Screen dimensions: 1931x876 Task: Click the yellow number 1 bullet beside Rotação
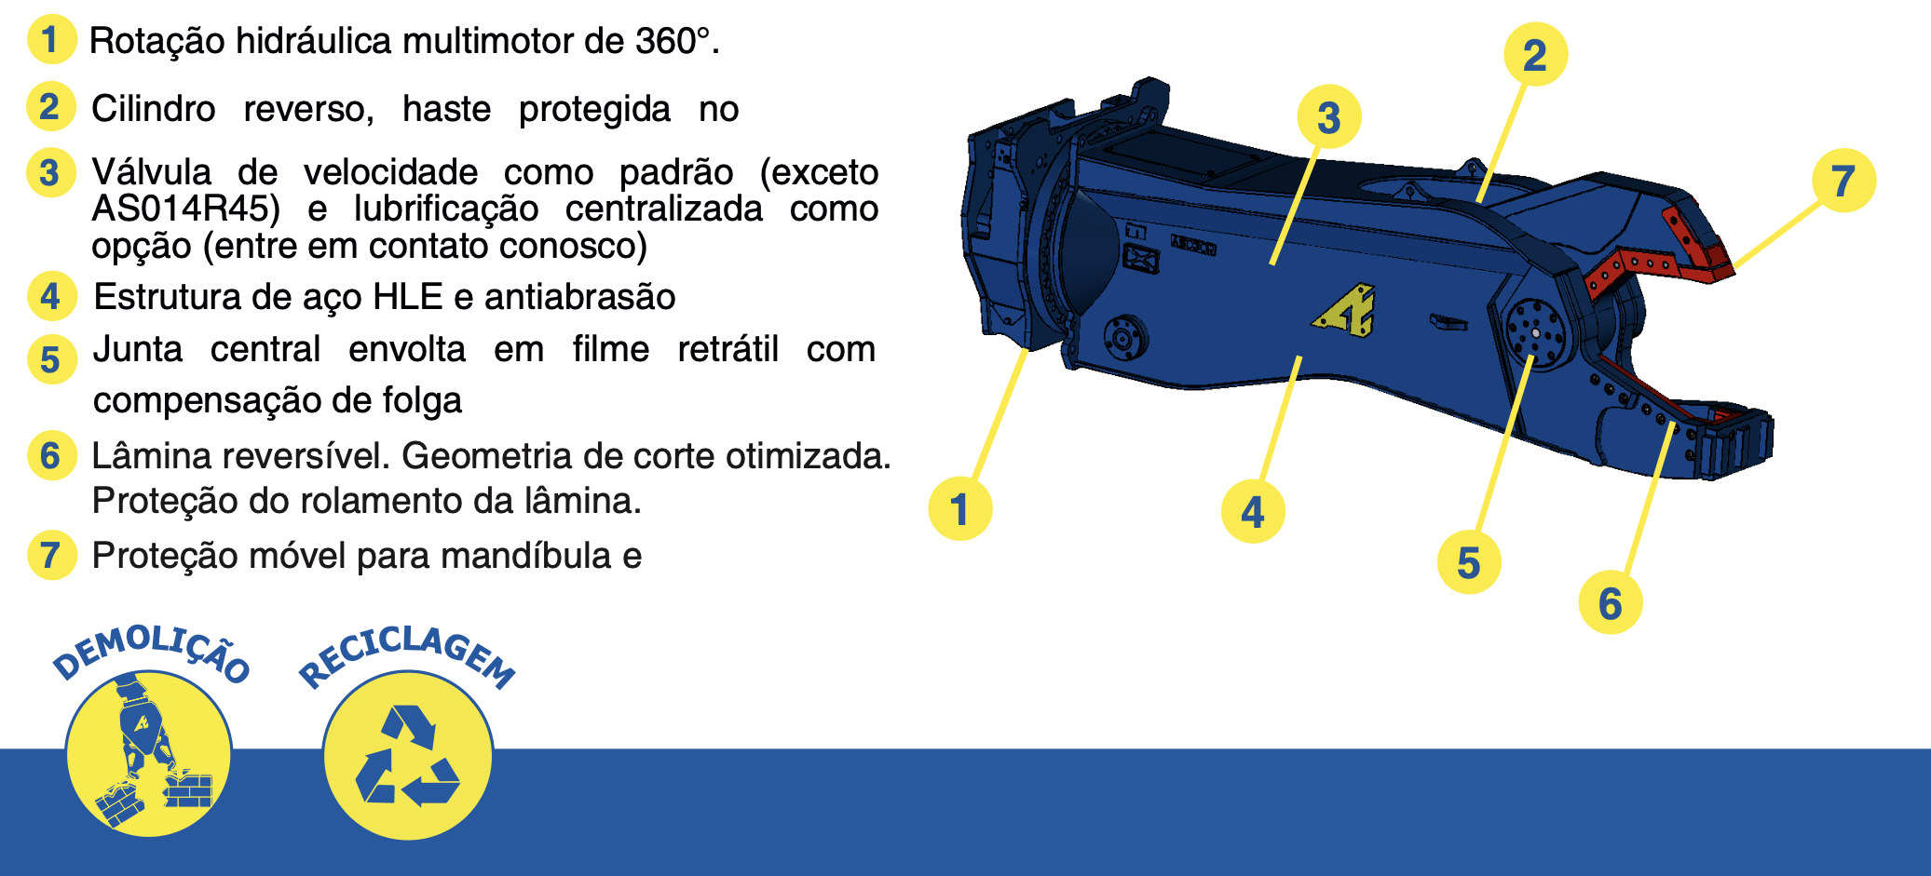[x=51, y=40]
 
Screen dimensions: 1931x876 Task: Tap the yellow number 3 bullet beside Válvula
[x=50, y=173]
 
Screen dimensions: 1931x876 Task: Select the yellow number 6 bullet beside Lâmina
[x=51, y=455]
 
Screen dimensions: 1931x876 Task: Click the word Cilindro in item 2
[x=154, y=109]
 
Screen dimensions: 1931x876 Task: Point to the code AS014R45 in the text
[x=185, y=209]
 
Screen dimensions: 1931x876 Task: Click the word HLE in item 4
[x=407, y=297]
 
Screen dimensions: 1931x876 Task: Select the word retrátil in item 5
[x=728, y=349]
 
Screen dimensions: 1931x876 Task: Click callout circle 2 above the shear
[x=1535, y=55]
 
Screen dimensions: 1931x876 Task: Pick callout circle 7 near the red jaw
[x=1843, y=181]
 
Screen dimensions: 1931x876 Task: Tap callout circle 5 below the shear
[x=1469, y=562]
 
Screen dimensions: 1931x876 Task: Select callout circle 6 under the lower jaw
[x=1611, y=603]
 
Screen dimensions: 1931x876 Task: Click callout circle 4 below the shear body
[x=1253, y=511]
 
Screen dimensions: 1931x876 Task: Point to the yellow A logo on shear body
[x=1345, y=311]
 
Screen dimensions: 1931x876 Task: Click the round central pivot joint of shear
[x=1535, y=333]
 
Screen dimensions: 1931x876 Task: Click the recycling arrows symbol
[x=408, y=756]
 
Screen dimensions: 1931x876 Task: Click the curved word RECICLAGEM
[x=407, y=656]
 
